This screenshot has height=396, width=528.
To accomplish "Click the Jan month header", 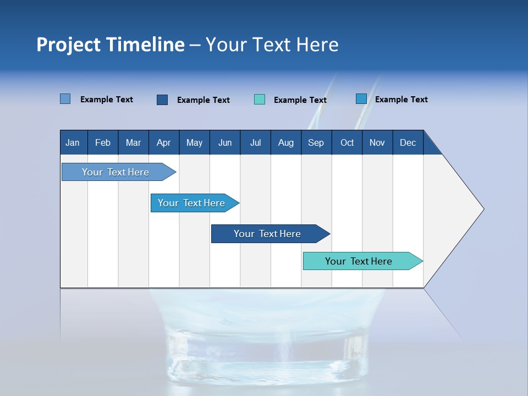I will [x=73, y=142].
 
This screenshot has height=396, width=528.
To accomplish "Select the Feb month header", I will [x=103, y=142].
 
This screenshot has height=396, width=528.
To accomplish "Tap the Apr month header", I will [x=163, y=142].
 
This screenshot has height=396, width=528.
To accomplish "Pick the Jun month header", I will [x=225, y=142].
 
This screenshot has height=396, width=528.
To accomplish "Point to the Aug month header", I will [x=286, y=142].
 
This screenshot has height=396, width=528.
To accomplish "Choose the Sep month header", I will [x=316, y=142].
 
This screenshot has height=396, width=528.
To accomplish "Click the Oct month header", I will [x=347, y=142].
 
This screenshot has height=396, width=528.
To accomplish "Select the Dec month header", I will [x=408, y=142].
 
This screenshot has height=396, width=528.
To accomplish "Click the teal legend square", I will [x=260, y=100].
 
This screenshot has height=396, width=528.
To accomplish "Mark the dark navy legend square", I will [x=162, y=100].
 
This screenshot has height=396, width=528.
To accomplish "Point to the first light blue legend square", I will [x=65, y=99].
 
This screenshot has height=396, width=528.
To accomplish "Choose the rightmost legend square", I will [x=361, y=99].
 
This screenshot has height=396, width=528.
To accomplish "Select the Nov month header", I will [x=377, y=142].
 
